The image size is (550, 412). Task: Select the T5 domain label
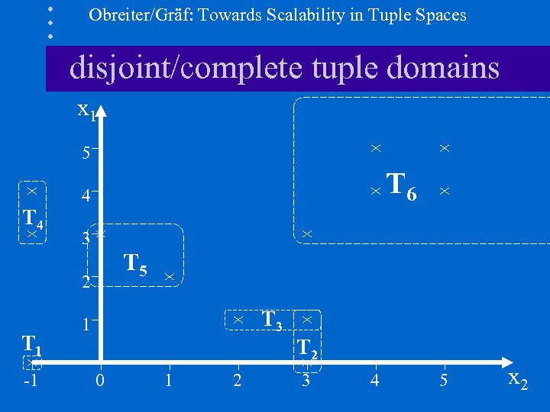[135, 265]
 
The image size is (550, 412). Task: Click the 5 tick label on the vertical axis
[86, 152]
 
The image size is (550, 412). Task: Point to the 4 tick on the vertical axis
[86, 196]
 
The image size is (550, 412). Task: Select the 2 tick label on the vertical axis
[86, 282]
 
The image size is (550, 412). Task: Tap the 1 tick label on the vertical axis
[86, 324]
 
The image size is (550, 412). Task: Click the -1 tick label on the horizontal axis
[31, 380]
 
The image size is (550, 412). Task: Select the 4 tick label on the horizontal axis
[374, 380]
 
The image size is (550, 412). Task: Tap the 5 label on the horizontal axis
[443, 380]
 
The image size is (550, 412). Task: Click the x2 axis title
[517, 379]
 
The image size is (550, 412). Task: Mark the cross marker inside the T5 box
[169, 276]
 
